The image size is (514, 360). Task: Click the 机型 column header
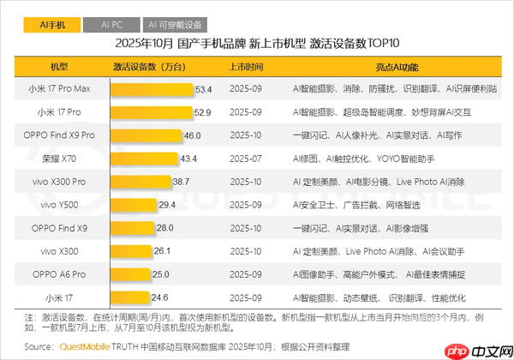click(60, 65)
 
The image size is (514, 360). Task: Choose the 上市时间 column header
click(246, 65)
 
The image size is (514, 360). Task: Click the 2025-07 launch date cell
click(246, 159)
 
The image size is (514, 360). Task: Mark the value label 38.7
click(181, 182)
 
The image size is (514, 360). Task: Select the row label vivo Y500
click(60, 205)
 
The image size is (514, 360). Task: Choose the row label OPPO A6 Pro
click(60, 274)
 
